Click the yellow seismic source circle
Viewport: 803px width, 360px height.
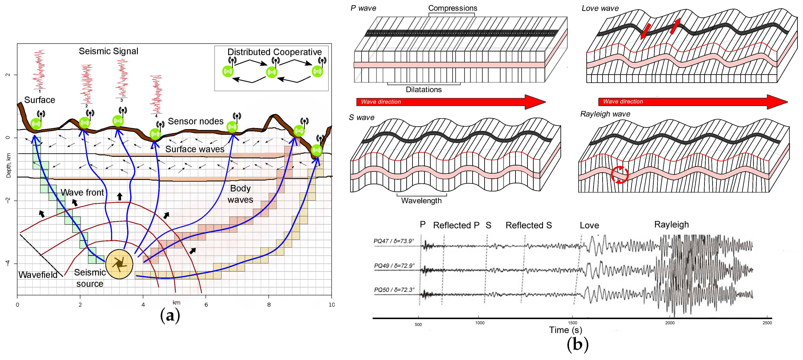[119, 264]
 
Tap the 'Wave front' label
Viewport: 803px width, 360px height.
[82, 192]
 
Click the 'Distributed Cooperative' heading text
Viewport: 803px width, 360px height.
[274, 52]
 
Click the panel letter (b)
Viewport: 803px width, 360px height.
[577, 344]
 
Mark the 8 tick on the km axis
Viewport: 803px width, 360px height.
[269, 304]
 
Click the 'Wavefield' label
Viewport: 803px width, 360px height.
[38, 275]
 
